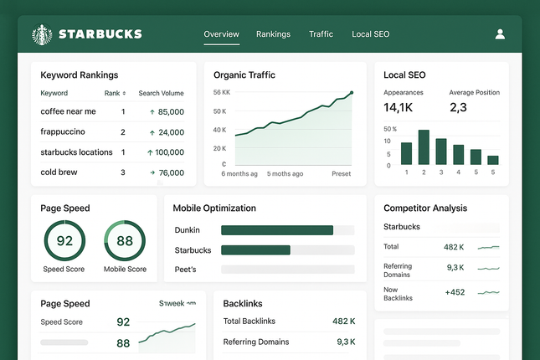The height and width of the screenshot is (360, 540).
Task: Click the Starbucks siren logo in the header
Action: pyautogui.click(x=41, y=34)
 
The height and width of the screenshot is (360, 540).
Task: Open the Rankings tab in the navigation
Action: pyautogui.click(x=273, y=34)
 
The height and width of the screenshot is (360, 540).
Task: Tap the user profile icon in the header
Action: pyautogui.click(x=500, y=34)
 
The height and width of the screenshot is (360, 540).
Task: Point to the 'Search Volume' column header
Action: pyautogui.click(x=161, y=93)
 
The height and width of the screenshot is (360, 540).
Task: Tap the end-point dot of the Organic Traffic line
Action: pyautogui.click(x=352, y=93)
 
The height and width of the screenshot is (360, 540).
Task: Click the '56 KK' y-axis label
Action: pyautogui.click(x=221, y=92)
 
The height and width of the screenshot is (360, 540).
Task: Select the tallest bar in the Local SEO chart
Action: pyautogui.click(x=424, y=147)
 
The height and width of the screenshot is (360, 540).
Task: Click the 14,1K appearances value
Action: pyautogui.click(x=398, y=107)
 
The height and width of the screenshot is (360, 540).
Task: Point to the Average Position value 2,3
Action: pyautogui.click(x=458, y=107)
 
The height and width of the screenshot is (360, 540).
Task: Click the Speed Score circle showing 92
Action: pyautogui.click(x=64, y=241)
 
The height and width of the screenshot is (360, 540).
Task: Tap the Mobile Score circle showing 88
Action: pyautogui.click(x=125, y=241)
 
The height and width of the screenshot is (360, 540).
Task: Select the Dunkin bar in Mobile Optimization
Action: pyautogui.click(x=277, y=230)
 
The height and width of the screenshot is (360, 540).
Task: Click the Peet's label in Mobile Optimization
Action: pyautogui.click(x=186, y=270)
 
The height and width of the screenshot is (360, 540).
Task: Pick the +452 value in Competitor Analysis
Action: pyautogui.click(x=455, y=292)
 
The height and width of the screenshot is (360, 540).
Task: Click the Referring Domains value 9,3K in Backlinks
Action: pyautogui.click(x=346, y=342)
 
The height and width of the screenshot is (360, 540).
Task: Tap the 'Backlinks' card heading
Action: pyautogui.click(x=245, y=303)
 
